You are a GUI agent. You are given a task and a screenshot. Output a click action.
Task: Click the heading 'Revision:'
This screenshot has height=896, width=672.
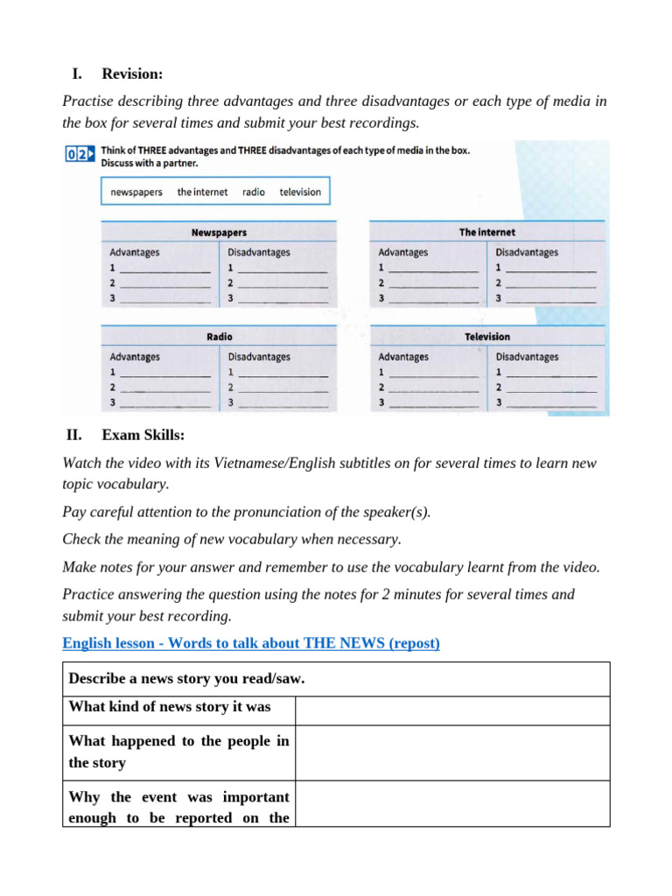tap(132, 73)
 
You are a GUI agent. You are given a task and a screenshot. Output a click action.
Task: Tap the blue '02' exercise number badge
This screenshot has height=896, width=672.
tap(77, 155)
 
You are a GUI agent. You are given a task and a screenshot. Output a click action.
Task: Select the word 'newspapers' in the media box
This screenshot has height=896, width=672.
tap(136, 192)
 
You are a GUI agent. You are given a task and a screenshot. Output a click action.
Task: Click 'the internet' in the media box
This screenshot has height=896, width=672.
tap(202, 192)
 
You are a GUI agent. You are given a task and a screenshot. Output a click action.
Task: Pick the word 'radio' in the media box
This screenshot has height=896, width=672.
tap(254, 192)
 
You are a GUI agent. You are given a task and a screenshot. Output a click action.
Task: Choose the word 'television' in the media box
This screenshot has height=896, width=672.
tap(300, 192)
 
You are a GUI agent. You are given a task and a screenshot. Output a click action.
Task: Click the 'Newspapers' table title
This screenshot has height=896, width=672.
tap(219, 233)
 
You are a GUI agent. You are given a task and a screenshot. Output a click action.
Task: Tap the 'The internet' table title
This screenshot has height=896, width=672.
tap(486, 232)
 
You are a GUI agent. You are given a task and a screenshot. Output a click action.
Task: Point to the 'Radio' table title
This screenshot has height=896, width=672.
tap(219, 337)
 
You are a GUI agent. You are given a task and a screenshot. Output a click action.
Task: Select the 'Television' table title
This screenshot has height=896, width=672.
tap(486, 337)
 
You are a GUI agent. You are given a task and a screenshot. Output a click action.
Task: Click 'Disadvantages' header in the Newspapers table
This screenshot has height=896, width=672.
tap(259, 253)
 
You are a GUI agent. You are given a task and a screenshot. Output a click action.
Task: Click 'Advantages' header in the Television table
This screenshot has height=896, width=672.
tap(403, 357)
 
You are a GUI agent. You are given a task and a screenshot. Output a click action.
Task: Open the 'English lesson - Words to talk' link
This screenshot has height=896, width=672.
tap(251, 644)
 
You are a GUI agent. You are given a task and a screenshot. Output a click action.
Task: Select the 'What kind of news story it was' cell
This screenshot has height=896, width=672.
tap(178, 707)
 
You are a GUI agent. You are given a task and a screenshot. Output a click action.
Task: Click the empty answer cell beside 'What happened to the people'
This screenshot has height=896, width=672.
tap(451, 752)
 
